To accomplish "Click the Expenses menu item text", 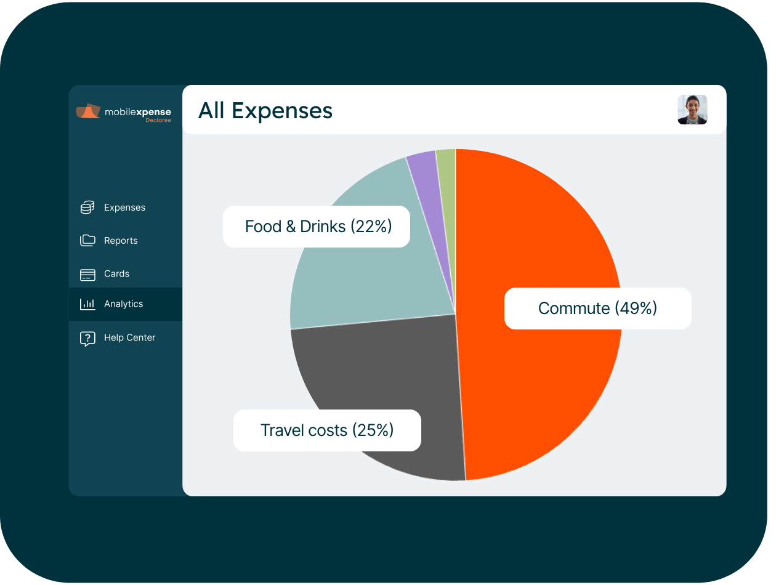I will coord(124,208).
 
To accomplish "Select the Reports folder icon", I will coord(87,240).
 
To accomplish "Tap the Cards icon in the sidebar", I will coord(87,274).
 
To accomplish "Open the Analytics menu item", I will coord(123,304).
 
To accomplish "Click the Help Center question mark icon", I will coord(87,338).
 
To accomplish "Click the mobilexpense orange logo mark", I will coord(88,111).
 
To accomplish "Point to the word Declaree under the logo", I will coord(158,120).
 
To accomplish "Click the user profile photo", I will coord(692,110).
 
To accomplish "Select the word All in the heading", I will coord(211,111).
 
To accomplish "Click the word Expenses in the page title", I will coord(282,111).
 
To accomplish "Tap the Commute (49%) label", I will coord(597,308).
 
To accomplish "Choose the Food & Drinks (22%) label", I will coord(317,227).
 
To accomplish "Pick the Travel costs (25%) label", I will coord(327,430).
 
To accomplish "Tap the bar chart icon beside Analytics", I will coord(87,304).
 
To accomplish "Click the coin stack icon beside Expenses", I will coord(87,208).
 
